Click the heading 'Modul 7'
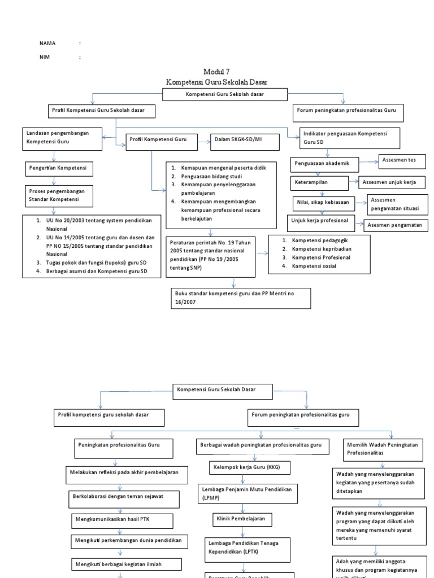tap(216, 71)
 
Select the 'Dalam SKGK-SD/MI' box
tap(245, 142)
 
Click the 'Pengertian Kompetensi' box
tap(59, 168)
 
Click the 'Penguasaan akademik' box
tap(327, 164)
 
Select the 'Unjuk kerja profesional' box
tap(322, 220)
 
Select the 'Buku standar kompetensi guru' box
tap(240, 298)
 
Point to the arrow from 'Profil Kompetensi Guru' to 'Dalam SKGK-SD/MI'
tap(203, 142)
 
